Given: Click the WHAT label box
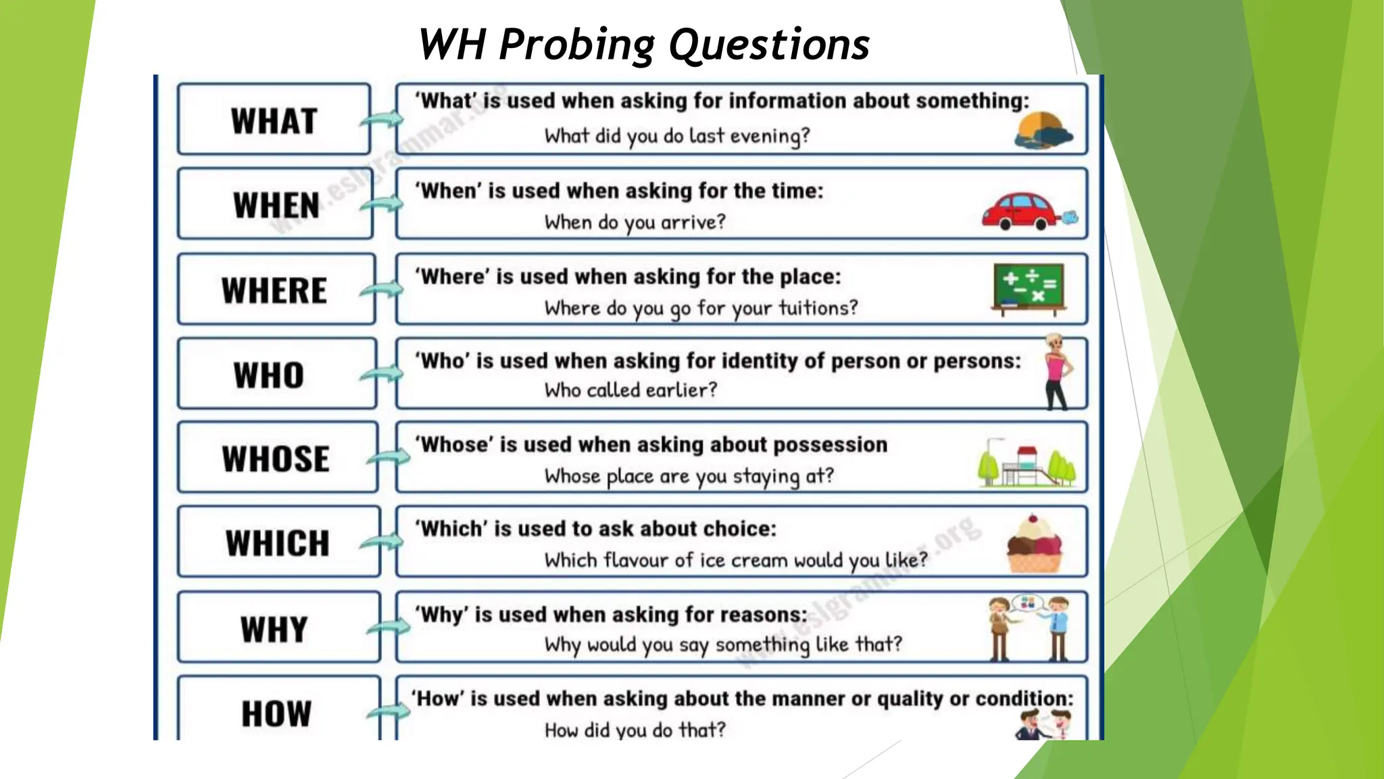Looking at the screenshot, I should coord(274,120).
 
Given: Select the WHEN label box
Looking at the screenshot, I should coord(275,204).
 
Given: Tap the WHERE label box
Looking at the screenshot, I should coord(275,289).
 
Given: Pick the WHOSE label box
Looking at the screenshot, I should coord(276,458).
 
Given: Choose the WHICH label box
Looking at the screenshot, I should coord(278,542).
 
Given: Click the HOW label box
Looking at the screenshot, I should coord(278,710).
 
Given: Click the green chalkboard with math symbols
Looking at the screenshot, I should coord(1029,289).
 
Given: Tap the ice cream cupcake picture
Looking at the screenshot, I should coord(1034,544).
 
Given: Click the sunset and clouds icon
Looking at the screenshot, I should coord(1043,131).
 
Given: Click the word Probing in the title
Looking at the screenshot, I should coord(576,45).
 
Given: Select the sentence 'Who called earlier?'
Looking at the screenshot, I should coord(631,390).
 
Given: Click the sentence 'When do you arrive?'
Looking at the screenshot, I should coord(635,222).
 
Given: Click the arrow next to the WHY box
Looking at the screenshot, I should coord(388,628).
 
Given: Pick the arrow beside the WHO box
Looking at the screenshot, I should coord(381,374).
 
